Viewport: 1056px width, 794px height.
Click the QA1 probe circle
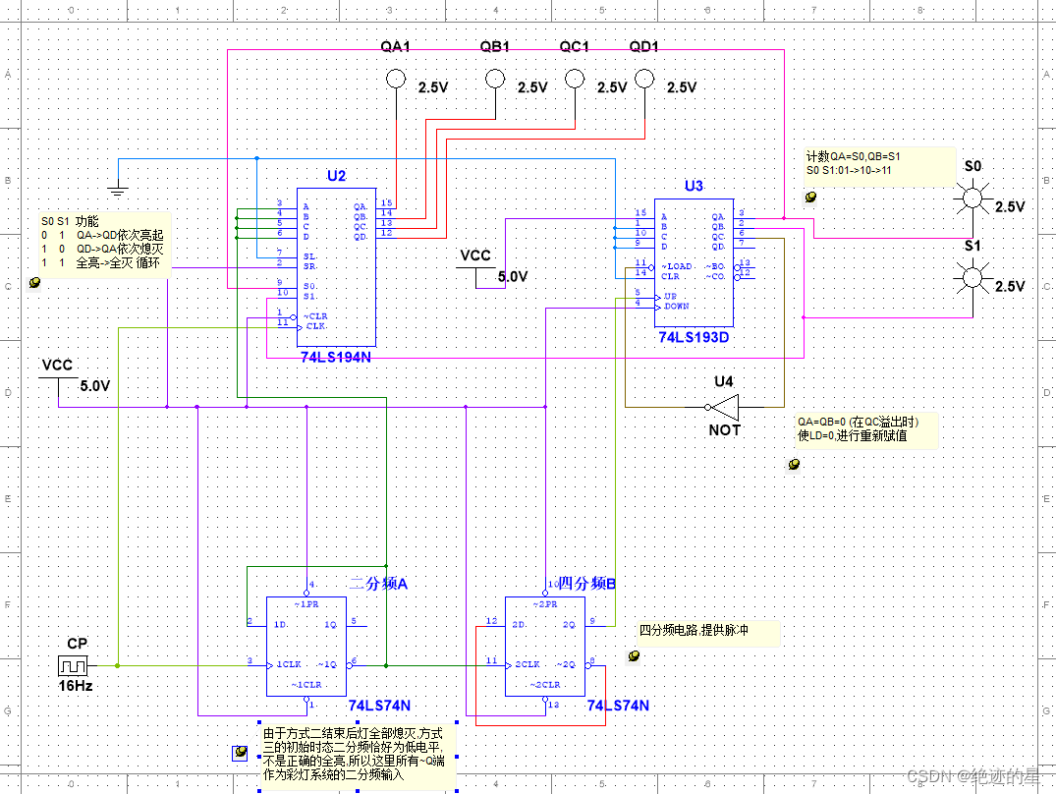395,79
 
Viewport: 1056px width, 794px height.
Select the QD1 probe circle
644,78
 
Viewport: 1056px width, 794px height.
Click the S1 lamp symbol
972,279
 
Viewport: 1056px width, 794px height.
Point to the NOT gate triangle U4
724,407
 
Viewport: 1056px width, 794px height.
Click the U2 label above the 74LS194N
336,176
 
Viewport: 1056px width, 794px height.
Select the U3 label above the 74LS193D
694,186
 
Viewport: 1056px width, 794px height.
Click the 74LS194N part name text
336,357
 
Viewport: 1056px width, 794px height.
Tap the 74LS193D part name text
694,337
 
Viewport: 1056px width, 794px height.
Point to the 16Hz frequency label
76,685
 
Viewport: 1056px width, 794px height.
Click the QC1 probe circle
574,79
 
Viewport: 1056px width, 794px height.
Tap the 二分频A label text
378,584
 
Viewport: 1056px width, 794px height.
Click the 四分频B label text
586,584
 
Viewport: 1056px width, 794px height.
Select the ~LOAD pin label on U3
677,265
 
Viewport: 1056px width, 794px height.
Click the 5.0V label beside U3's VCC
513,277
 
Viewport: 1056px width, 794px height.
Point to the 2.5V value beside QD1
681,87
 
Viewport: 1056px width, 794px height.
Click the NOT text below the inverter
724,429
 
